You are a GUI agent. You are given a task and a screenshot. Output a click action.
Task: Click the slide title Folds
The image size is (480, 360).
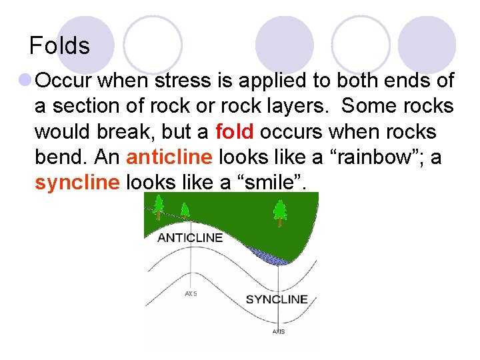(x=59, y=46)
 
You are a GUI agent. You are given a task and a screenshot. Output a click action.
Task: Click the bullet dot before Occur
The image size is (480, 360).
(x=25, y=81)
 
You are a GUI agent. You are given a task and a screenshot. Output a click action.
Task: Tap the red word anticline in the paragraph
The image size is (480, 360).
(x=169, y=157)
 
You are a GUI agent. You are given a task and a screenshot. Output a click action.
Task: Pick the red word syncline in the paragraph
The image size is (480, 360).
(x=75, y=182)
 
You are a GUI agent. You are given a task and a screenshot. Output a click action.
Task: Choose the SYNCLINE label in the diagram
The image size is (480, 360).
(x=277, y=299)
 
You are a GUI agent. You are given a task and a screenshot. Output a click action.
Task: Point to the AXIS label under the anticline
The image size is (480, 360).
(x=191, y=293)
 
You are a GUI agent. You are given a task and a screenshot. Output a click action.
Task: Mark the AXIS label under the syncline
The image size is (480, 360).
(x=279, y=331)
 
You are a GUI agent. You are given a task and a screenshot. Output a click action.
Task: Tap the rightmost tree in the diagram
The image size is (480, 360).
(x=279, y=212)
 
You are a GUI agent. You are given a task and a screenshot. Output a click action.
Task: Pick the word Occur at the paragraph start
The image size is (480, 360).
(x=65, y=81)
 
